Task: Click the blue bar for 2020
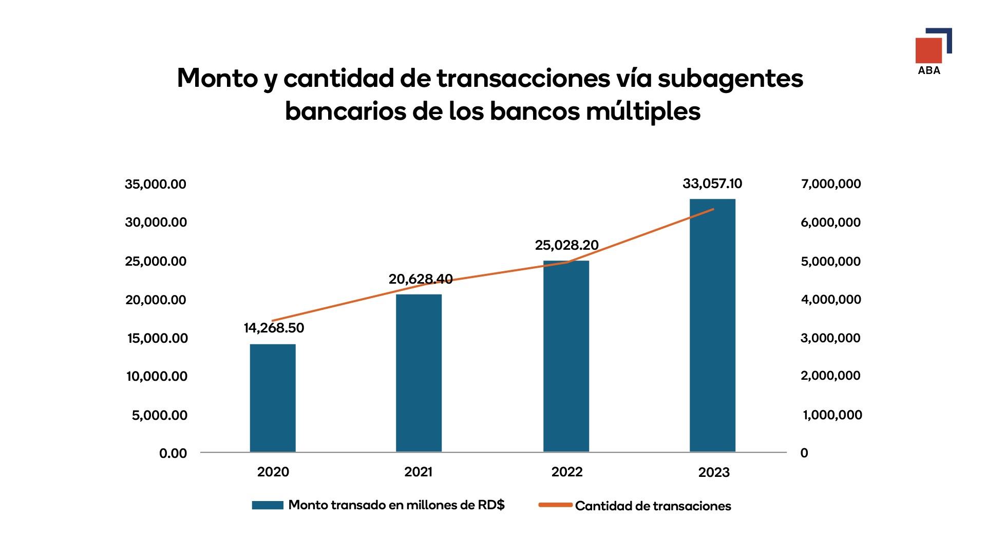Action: [x=273, y=398]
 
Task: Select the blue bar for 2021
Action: [x=419, y=373]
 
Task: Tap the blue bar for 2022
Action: [x=566, y=356]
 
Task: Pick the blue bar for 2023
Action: [x=712, y=325]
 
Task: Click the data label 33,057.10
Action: [x=712, y=183]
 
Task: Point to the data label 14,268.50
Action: [x=274, y=328]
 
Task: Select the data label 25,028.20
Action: [x=566, y=245]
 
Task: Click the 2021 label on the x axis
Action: [x=418, y=472]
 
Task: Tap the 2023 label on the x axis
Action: [x=714, y=472]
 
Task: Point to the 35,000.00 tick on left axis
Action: [x=156, y=184]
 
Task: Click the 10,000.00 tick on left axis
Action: [x=157, y=376]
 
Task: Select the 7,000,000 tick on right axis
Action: [x=831, y=183]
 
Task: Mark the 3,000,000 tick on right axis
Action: [x=830, y=338]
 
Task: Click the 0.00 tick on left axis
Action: [x=173, y=453]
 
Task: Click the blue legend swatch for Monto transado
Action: [x=268, y=505]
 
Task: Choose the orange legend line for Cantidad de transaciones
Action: [x=555, y=505]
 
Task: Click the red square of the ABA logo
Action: [x=928, y=50]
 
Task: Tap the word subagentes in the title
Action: [x=730, y=79]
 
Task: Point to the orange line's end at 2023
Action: [x=713, y=209]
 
